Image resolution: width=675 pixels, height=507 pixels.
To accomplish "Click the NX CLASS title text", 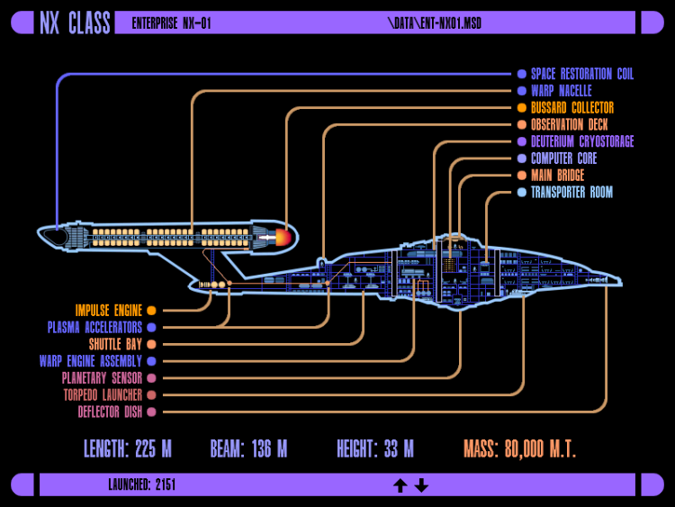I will point(75,23).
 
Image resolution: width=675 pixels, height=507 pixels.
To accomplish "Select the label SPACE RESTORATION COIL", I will point(581,74).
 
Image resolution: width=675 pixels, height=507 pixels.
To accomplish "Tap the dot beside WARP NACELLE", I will point(522,91).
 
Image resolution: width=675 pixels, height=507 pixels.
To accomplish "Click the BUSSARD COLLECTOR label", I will point(571,108).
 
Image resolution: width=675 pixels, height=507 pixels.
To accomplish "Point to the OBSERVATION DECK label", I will point(569,125).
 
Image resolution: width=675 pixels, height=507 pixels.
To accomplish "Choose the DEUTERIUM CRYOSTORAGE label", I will point(581,141).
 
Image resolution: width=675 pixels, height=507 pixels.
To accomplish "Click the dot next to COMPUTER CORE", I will point(522,158).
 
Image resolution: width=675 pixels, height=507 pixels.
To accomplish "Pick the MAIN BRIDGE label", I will point(557,176).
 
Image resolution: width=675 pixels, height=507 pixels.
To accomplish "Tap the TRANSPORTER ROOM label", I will point(571,192).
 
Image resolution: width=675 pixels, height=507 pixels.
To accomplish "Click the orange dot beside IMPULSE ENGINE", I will point(151,311).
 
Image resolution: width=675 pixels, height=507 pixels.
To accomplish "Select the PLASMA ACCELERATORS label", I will point(94,328).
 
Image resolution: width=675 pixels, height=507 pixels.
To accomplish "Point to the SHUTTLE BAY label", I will point(115,344).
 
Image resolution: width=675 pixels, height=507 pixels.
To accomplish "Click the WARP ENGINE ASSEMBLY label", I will point(90,361).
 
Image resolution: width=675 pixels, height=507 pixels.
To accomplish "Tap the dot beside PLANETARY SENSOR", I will point(151,378).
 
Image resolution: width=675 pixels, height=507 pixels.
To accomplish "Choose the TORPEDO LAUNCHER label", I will point(102,394).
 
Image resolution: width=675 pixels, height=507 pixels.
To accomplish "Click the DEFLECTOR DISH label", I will point(108,412).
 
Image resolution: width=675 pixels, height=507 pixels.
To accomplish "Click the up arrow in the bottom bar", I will point(400,485).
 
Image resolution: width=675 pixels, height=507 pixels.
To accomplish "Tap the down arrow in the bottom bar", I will point(421,485).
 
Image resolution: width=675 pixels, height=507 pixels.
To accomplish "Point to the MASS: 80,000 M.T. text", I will point(519,448).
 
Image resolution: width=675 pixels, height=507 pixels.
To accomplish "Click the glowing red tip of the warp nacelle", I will point(283,238).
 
